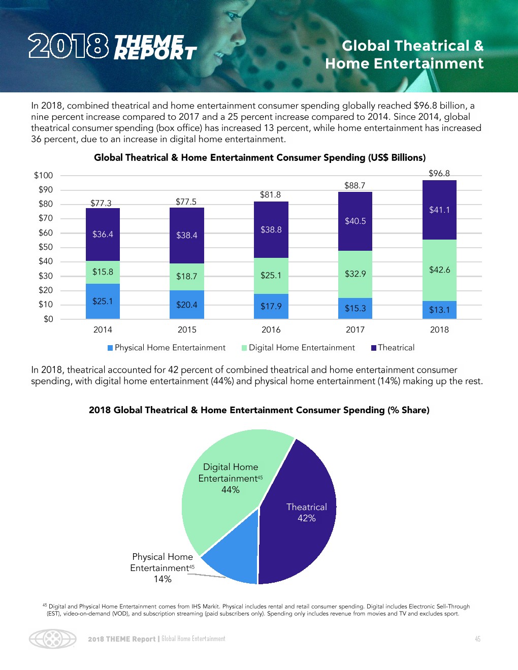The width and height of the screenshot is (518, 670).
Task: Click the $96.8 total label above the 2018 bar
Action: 439,173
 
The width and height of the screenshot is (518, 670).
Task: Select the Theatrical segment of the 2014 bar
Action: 103,234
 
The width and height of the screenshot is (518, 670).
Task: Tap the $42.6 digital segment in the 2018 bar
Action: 439,270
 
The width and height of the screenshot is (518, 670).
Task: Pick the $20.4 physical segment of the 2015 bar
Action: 187,305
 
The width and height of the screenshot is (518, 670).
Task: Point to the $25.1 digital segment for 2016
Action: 271,276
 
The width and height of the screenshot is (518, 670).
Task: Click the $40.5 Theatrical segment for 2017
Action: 355,221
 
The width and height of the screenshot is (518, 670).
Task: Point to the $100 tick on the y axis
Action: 43,176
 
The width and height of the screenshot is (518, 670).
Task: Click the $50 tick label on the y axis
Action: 45,247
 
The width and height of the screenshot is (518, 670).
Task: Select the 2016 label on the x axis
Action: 271,330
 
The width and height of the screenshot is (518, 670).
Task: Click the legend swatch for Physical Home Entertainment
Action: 110,348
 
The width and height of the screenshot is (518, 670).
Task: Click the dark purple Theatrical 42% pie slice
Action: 300,528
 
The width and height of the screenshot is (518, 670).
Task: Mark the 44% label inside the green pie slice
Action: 230,490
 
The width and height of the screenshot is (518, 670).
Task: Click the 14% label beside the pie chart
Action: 163,579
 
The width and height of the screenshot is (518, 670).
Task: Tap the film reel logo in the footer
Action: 52,639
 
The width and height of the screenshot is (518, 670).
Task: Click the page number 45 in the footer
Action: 477,639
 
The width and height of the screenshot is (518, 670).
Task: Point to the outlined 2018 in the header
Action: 68,46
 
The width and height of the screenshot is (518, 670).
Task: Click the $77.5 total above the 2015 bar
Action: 186,202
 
